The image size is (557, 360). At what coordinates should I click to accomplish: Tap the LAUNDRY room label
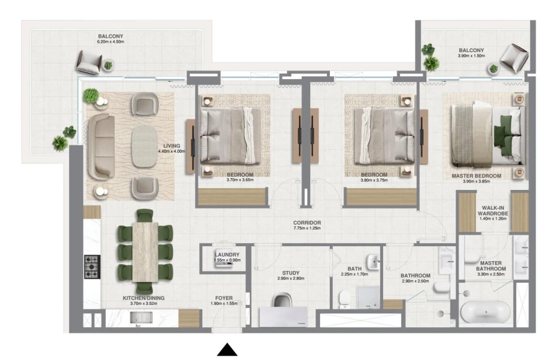[x=222, y=255]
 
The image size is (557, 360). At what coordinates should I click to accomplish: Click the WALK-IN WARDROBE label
[x=493, y=211]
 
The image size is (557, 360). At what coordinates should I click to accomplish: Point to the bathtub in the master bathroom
[x=486, y=310]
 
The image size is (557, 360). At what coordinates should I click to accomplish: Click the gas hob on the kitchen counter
[x=92, y=267]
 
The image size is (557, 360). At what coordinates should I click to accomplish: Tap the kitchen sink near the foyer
[x=142, y=317]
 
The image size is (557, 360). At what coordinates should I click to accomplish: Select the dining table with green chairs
[x=145, y=252]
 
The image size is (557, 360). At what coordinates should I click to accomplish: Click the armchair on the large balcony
[x=89, y=61]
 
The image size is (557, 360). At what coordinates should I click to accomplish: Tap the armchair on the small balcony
[x=514, y=58]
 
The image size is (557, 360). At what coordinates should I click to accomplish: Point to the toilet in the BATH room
[x=343, y=299]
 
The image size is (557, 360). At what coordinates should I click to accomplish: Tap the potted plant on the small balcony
[x=429, y=58]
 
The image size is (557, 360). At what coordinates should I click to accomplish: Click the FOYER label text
[x=223, y=298]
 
